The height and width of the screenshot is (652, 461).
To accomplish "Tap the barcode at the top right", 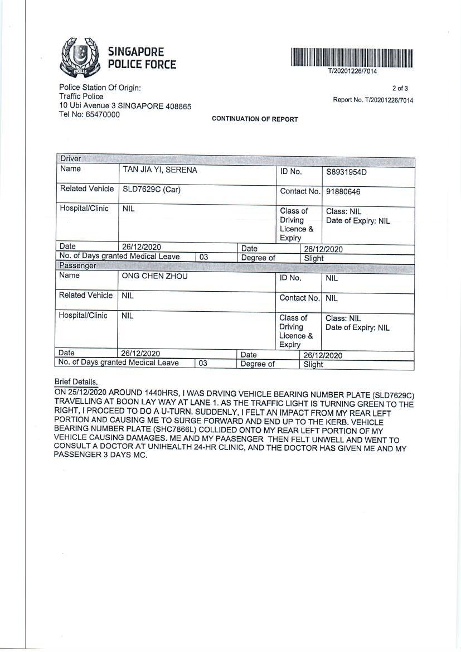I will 352,58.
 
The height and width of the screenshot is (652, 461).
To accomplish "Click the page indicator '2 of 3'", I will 400,88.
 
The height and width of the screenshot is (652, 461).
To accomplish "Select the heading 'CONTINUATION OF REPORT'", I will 255,119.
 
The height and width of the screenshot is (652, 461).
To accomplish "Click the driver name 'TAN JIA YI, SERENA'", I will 160,170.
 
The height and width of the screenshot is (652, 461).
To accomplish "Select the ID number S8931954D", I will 347,172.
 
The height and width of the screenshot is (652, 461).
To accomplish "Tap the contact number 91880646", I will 343,192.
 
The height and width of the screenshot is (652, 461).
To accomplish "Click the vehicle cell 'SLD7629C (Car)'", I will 152,190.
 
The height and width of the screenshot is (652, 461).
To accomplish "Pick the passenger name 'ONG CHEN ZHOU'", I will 155,276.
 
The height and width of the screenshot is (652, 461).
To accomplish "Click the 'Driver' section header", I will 71,159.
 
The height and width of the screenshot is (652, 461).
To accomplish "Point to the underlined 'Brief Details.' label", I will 76,382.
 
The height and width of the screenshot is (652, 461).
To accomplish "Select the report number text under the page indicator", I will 373,100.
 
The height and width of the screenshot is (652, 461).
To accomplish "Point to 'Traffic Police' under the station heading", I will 81,96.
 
